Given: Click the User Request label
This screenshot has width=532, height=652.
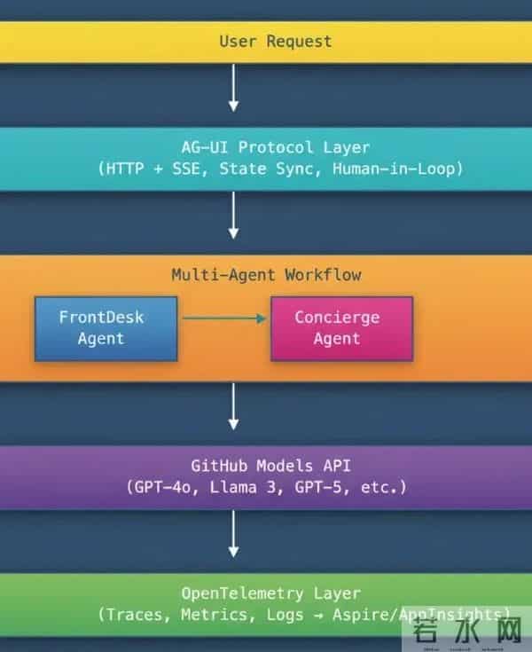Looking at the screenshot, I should click(x=275, y=42).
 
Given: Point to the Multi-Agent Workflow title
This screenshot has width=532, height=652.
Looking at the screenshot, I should click(x=266, y=275).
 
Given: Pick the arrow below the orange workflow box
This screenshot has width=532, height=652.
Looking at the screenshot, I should click(x=234, y=406).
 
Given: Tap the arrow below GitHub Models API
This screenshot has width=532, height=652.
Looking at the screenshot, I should click(x=234, y=534).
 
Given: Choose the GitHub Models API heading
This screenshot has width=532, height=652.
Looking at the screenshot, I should click(x=266, y=466).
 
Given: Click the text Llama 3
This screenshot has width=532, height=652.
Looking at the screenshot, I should click(x=246, y=487).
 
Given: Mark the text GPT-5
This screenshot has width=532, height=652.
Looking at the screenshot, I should click(x=325, y=487).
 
